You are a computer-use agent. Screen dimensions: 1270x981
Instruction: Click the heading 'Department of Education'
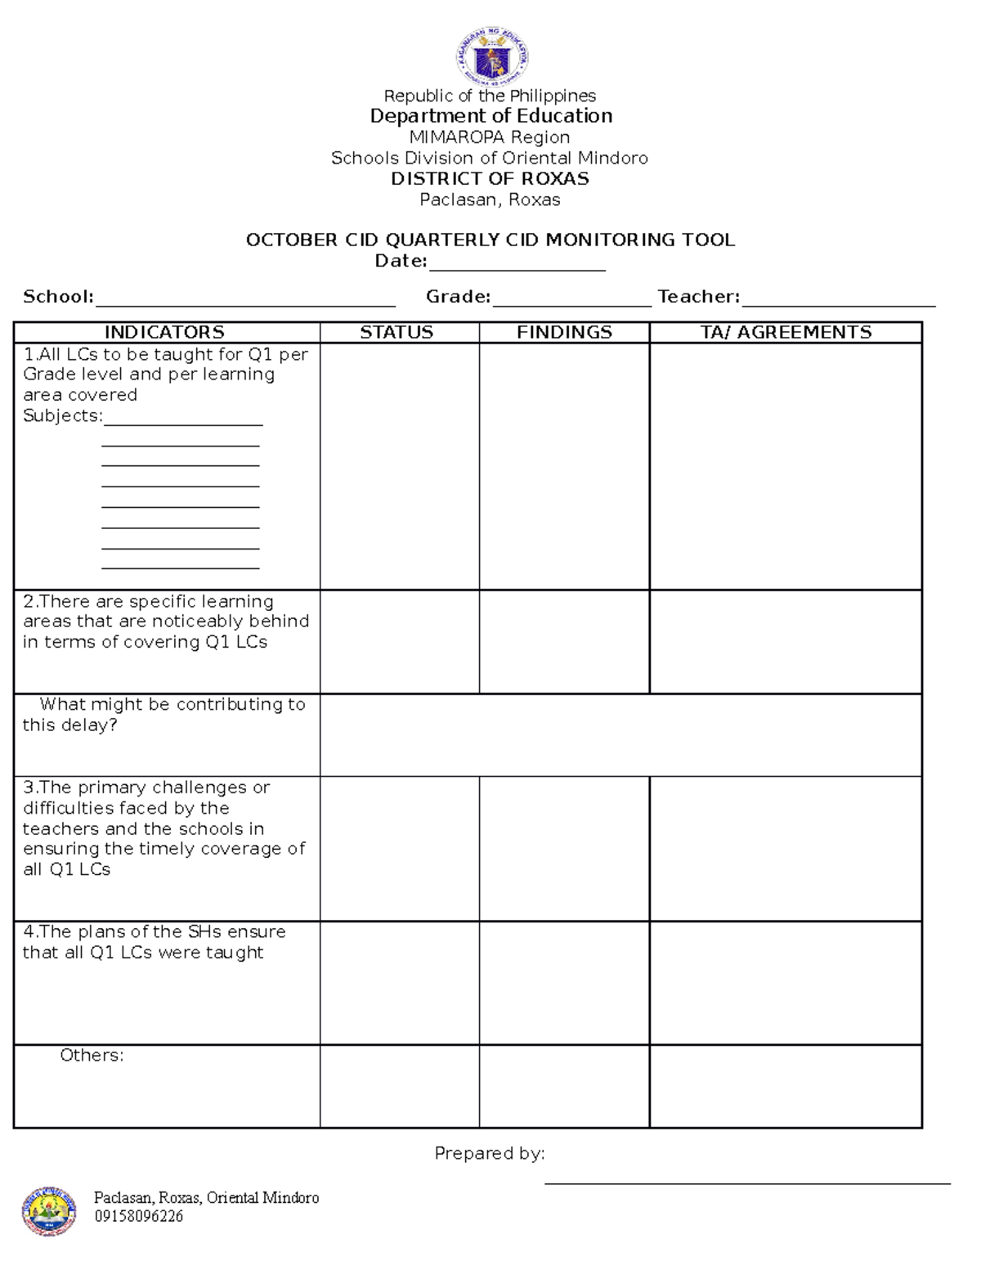(490, 116)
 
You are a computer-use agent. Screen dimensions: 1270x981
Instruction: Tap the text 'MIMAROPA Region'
(490, 137)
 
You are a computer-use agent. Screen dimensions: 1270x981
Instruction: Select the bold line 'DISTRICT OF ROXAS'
(490, 179)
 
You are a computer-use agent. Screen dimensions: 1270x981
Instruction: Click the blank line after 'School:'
(245, 299)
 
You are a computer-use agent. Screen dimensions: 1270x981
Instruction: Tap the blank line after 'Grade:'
(571, 299)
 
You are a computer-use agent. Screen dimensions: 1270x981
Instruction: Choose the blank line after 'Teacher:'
(838, 299)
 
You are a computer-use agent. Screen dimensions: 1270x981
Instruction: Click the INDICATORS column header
(164, 332)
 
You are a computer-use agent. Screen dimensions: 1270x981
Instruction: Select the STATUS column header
(397, 332)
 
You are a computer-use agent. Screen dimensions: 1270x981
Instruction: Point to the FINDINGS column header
(564, 332)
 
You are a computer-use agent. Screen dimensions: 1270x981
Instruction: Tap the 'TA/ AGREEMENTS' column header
(786, 332)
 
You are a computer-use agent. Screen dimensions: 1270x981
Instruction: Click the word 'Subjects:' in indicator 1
(63, 416)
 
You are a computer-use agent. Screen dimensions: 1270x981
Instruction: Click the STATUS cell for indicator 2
(399, 642)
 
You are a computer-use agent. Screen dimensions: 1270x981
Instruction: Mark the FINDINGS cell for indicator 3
(564, 848)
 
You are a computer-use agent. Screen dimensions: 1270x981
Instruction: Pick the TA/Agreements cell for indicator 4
(786, 983)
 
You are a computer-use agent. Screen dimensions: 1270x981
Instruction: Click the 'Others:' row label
(92, 1056)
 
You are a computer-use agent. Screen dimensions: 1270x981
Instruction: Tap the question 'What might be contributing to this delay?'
(164, 715)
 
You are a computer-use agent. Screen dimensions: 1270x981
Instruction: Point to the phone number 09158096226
(138, 1216)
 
